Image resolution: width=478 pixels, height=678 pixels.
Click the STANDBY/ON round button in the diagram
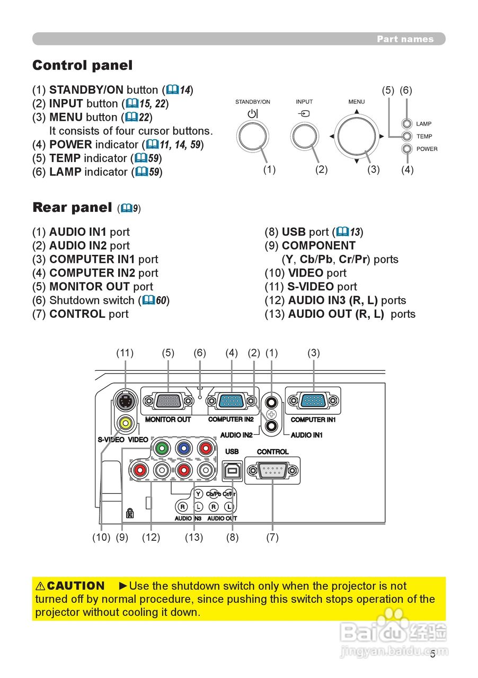click(253, 136)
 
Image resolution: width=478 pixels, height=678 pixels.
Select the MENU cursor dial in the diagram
click(357, 136)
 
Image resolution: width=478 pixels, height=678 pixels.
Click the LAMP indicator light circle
click(406, 124)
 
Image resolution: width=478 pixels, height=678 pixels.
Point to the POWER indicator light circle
click(406, 149)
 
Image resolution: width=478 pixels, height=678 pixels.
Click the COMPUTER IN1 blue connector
click(313, 401)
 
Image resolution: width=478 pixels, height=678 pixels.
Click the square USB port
click(232, 470)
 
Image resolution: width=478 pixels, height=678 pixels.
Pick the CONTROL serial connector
click(272, 470)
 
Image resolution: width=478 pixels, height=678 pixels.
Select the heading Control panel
click(82, 66)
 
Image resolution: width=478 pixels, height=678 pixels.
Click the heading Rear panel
click(72, 208)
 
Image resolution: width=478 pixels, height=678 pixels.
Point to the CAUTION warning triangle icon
click(40, 586)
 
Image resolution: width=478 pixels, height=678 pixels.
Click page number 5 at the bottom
click(433, 654)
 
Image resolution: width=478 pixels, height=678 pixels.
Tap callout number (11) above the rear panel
click(125, 353)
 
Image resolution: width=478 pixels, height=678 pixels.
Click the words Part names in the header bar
click(405, 39)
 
